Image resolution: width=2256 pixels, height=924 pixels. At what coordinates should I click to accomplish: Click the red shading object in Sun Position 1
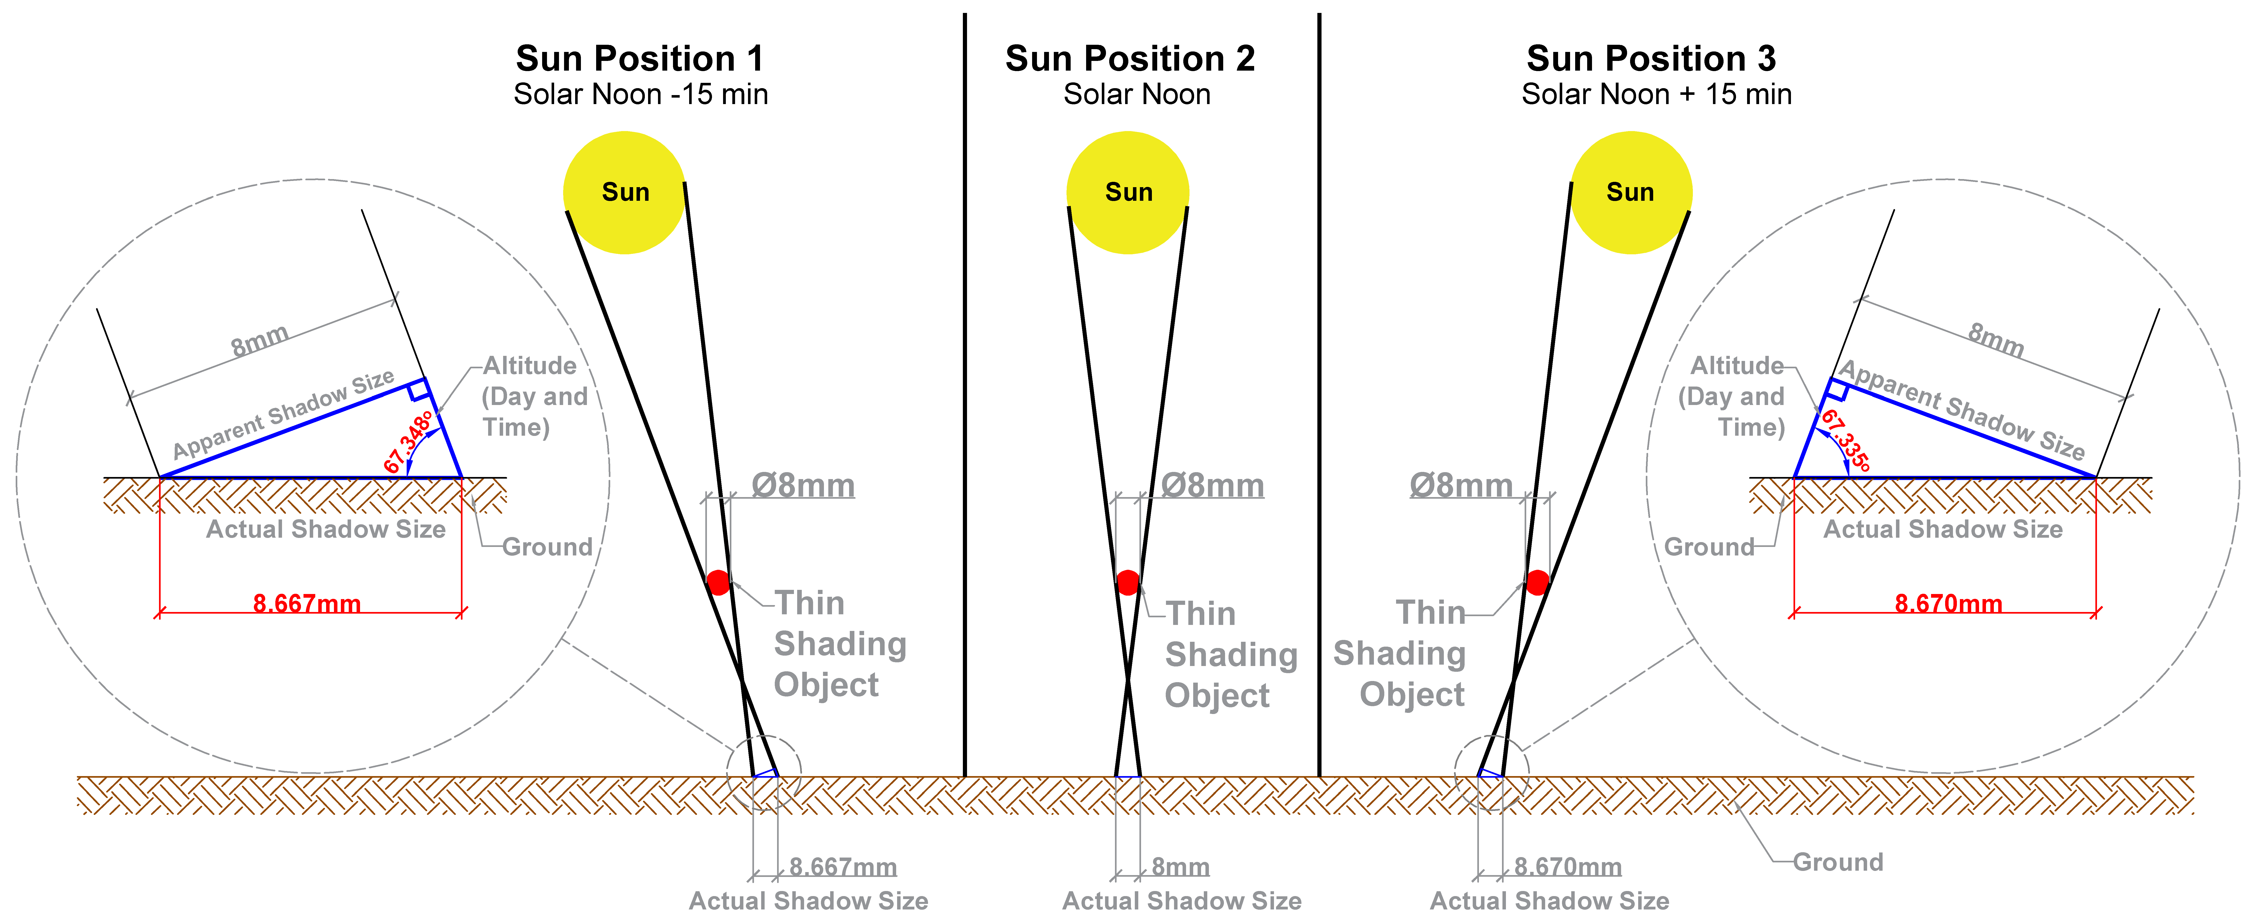(x=718, y=582)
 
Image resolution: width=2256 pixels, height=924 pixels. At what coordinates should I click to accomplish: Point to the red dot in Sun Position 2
(x=1128, y=582)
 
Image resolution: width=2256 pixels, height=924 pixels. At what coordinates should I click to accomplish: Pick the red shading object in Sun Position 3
(x=1537, y=582)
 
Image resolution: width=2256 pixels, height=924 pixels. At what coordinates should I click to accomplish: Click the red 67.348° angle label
(x=408, y=442)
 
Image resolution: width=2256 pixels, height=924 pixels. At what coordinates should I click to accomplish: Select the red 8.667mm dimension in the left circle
(x=306, y=603)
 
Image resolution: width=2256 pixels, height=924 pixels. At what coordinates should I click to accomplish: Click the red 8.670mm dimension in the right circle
(x=1948, y=603)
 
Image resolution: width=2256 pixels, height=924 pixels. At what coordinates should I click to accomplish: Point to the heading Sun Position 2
(x=1130, y=59)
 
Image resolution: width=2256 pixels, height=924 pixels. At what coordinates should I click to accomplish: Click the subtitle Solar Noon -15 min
(x=640, y=95)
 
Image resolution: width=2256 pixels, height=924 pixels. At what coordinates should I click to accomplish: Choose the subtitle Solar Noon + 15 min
(x=1656, y=95)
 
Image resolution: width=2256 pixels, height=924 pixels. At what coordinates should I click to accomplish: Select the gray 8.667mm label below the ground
(x=842, y=867)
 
